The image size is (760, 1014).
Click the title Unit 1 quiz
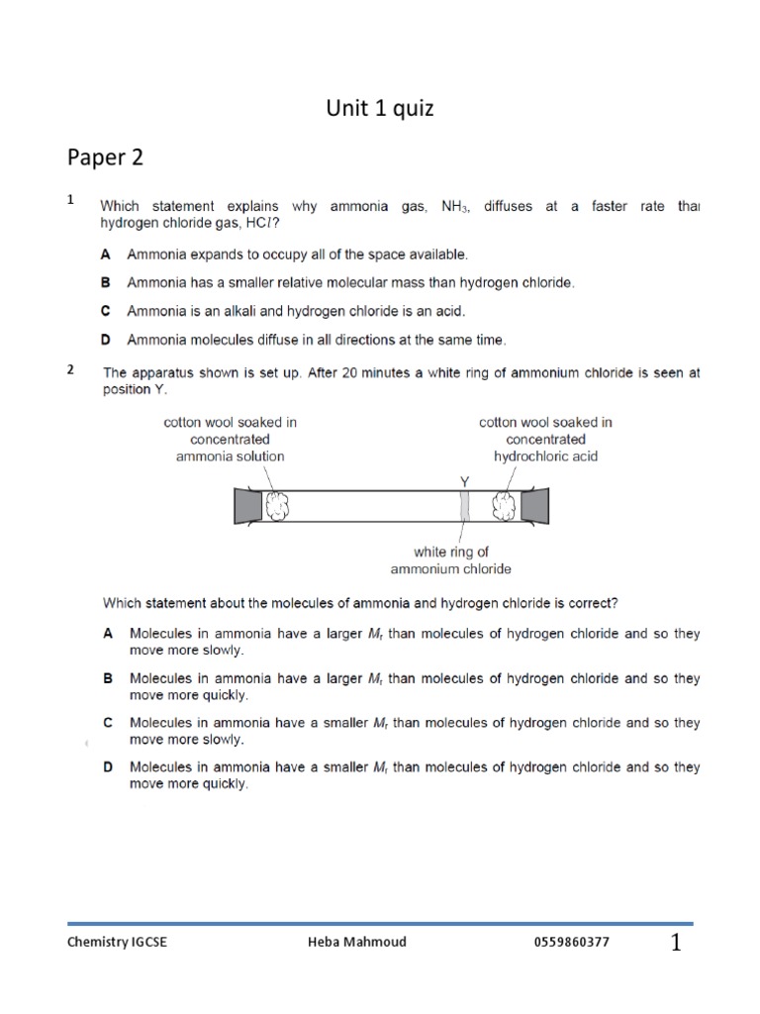[x=380, y=109]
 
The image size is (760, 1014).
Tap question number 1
[x=71, y=200]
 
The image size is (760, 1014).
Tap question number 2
[x=71, y=370]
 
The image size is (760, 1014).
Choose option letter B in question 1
[x=106, y=283]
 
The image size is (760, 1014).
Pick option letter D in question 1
[x=106, y=340]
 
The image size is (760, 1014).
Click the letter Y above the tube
[x=464, y=481]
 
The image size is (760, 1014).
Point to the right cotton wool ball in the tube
[x=505, y=506]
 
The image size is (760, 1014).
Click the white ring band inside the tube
[x=464, y=506]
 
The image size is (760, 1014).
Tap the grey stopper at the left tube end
[x=247, y=506]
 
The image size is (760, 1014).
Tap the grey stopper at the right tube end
[x=536, y=506]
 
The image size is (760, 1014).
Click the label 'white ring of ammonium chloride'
[x=450, y=560]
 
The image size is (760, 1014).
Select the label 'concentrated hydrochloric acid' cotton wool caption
[x=545, y=440]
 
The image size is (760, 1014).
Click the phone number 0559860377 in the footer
[x=571, y=942]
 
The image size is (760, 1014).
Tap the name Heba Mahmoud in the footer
[x=356, y=942]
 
